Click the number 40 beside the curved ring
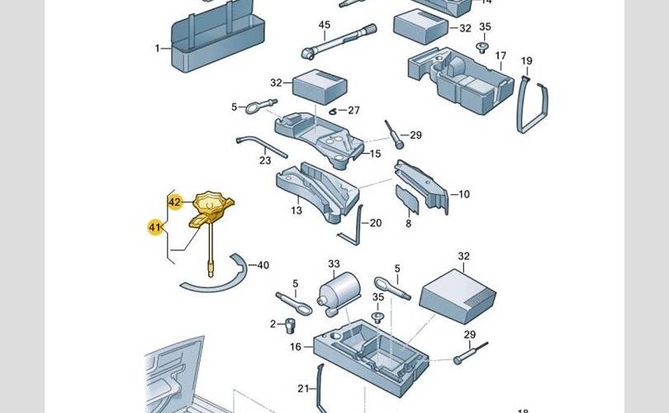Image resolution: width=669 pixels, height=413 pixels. (x=263, y=265)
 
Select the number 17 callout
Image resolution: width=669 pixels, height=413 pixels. (x=500, y=55)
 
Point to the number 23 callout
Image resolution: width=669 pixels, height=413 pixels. (x=265, y=160)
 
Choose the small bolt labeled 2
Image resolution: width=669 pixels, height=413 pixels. (x=291, y=323)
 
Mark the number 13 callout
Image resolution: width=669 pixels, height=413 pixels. (x=296, y=211)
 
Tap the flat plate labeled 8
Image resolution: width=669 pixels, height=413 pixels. (x=406, y=202)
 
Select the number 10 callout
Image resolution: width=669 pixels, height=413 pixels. (x=463, y=194)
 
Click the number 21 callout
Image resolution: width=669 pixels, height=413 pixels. (x=302, y=387)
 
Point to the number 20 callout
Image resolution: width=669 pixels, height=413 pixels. (x=376, y=223)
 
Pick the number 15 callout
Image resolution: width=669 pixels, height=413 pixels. (x=375, y=154)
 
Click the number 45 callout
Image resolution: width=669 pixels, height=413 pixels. (x=325, y=25)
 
